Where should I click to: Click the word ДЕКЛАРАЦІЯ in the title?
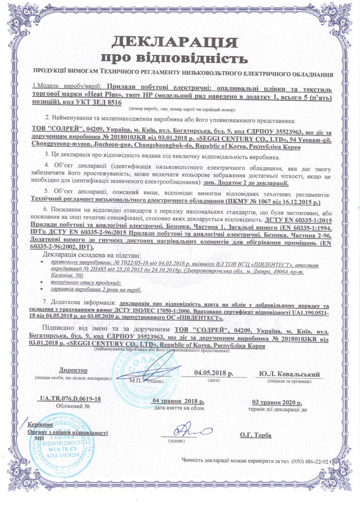[173, 42]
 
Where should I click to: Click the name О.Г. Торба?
[255, 435]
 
